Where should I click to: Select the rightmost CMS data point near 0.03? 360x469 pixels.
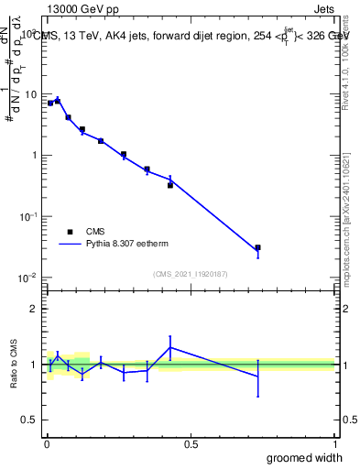click(x=257, y=247)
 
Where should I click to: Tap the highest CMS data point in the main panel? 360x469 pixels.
click(x=58, y=101)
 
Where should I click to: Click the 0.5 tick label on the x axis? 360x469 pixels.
click(x=191, y=444)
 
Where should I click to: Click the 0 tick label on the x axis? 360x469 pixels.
click(x=46, y=444)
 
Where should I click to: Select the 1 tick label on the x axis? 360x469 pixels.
click(x=334, y=444)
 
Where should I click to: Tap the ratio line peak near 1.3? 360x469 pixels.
click(x=170, y=347)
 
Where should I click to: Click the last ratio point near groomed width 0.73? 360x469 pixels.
click(x=257, y=376)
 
